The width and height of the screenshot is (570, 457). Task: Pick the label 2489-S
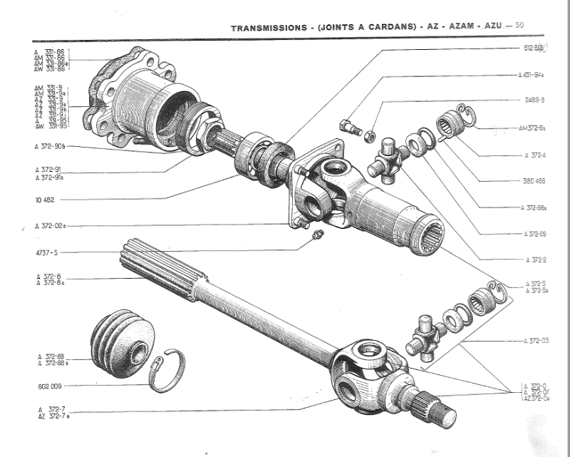click(x=534, y=101)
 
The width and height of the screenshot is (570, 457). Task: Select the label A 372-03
click(x=535, y=342)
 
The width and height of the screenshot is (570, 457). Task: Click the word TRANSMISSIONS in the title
click(x=273, y=28)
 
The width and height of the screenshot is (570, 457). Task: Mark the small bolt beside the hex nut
click(x=349, y=125)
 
